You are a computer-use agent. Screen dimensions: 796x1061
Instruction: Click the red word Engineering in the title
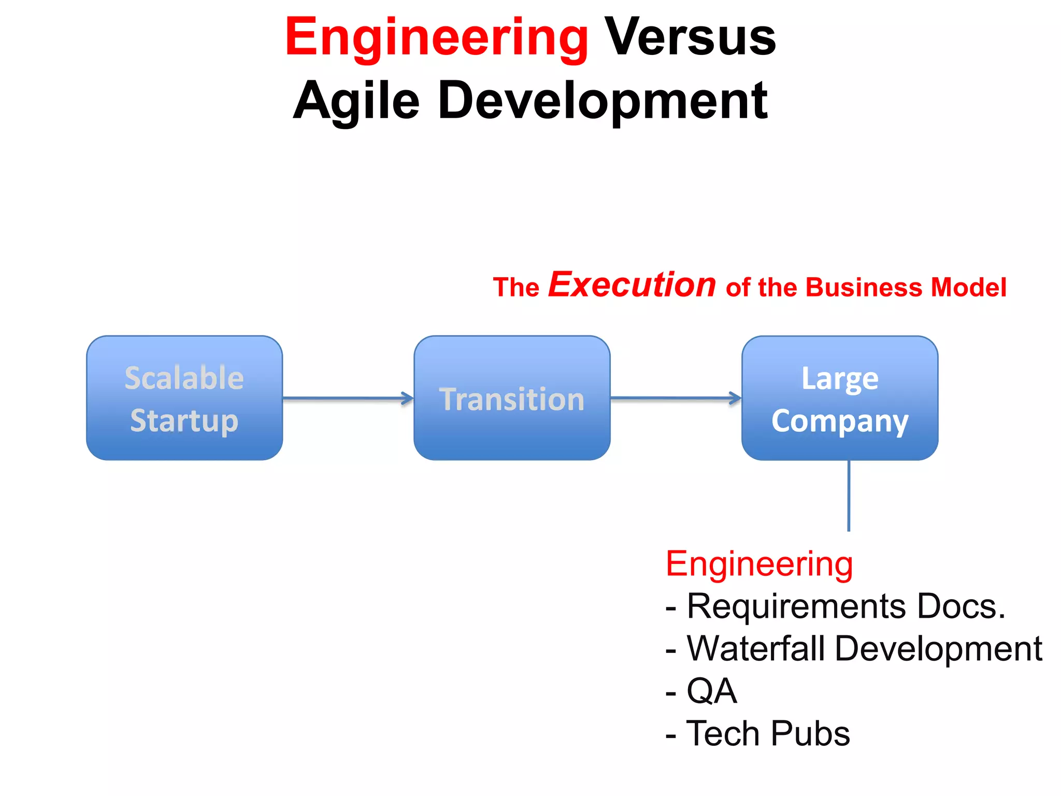coord(436,37)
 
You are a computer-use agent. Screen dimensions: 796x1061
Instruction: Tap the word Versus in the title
coord(690,37)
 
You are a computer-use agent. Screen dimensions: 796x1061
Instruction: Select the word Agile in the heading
coord(356,101)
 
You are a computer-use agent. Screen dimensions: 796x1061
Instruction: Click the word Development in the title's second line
coord(603,101)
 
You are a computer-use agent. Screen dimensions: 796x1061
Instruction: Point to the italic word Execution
coord(632,285)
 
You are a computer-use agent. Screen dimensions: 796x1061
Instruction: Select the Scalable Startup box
coord(184,398)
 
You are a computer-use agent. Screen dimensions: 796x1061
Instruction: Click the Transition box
coord(512,398)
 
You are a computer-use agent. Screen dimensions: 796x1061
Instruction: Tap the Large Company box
coord(840,398)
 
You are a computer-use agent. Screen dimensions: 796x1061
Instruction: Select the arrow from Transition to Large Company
coord(676,398)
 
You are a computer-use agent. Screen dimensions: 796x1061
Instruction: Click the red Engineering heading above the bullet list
coord(759,564)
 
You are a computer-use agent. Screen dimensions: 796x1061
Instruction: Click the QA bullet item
coord(711,691)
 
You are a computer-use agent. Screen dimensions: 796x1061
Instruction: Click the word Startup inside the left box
coord(184,421)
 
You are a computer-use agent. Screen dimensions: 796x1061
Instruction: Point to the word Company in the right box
coord(840,421)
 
